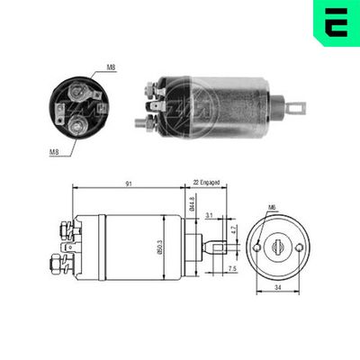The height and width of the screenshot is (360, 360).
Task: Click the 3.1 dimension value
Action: [x=210, y=216]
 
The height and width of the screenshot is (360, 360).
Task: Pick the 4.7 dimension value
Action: [x=236, y=230]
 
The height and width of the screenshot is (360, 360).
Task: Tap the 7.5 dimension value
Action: [x=231, y=268]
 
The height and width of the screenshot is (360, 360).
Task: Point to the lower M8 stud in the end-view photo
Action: [x=78, y=125]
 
